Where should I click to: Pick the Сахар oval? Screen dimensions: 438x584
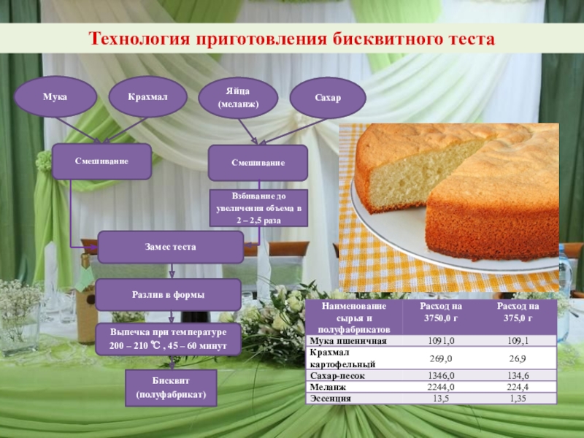point(328,98)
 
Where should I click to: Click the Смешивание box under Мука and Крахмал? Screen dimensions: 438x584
point(101,161)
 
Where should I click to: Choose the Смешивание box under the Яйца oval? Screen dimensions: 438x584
point(257,163)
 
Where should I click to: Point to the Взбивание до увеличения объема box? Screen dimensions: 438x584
point(258,208)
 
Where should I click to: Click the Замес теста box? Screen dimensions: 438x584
point(170,247)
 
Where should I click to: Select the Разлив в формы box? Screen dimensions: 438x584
point(169,294)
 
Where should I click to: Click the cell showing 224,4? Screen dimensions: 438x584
point(516,387)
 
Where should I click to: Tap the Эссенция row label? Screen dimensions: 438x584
point(331,399)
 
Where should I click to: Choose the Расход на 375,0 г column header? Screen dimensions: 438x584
point(516,313)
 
